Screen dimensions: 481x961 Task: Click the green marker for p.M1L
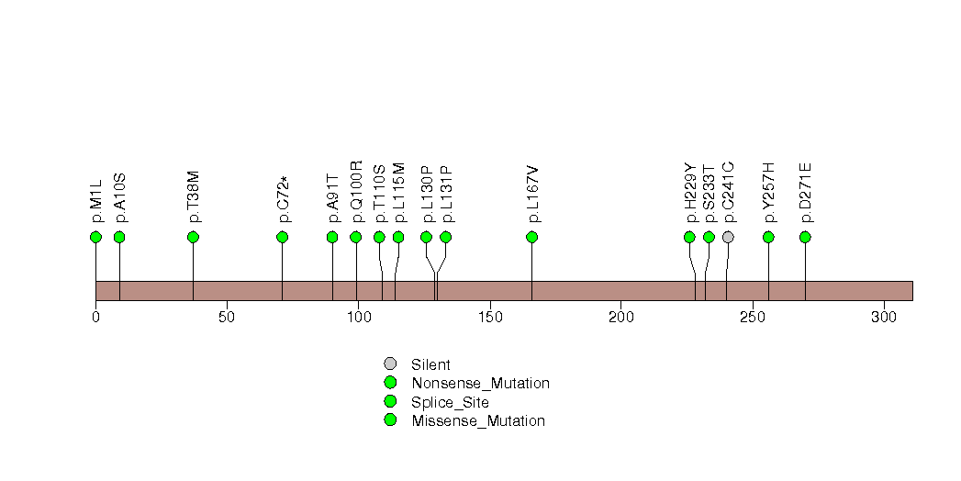(95, 237)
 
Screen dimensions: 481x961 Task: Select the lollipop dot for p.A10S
(119, 237)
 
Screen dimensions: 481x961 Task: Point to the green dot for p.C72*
(282, 237)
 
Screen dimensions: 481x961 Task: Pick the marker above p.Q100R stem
(356, 237)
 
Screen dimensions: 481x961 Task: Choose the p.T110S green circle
(379, 237)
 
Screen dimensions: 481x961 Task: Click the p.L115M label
(399, 193)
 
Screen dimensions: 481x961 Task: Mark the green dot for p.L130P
(426, 237)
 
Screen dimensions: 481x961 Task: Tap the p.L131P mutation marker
(445, 237)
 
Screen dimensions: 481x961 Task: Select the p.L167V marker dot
(531, 237)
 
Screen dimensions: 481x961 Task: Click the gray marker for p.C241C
(728, 237)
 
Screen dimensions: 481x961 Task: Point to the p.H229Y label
(690, 193)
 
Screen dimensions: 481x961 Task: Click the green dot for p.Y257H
(768, 237)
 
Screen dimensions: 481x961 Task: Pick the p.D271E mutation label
(806, 193)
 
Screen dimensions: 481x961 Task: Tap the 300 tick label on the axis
(883, 317)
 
